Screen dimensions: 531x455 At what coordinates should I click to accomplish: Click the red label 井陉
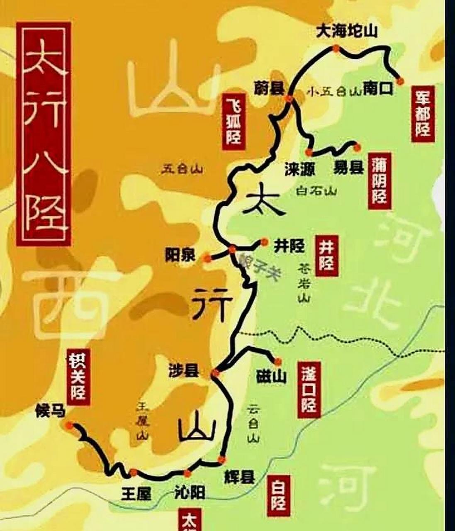coord(326,256)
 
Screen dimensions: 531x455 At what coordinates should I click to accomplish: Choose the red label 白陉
coord(277,497)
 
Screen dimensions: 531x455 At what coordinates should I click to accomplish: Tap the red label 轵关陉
coord(78,378)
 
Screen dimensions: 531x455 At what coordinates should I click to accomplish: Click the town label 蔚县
coord(269,88)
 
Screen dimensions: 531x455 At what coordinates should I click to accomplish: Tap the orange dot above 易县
coord(357,146)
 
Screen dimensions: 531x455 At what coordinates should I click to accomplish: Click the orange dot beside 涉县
coord(215,373)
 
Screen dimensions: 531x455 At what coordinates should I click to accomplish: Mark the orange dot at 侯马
coord(69,425)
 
